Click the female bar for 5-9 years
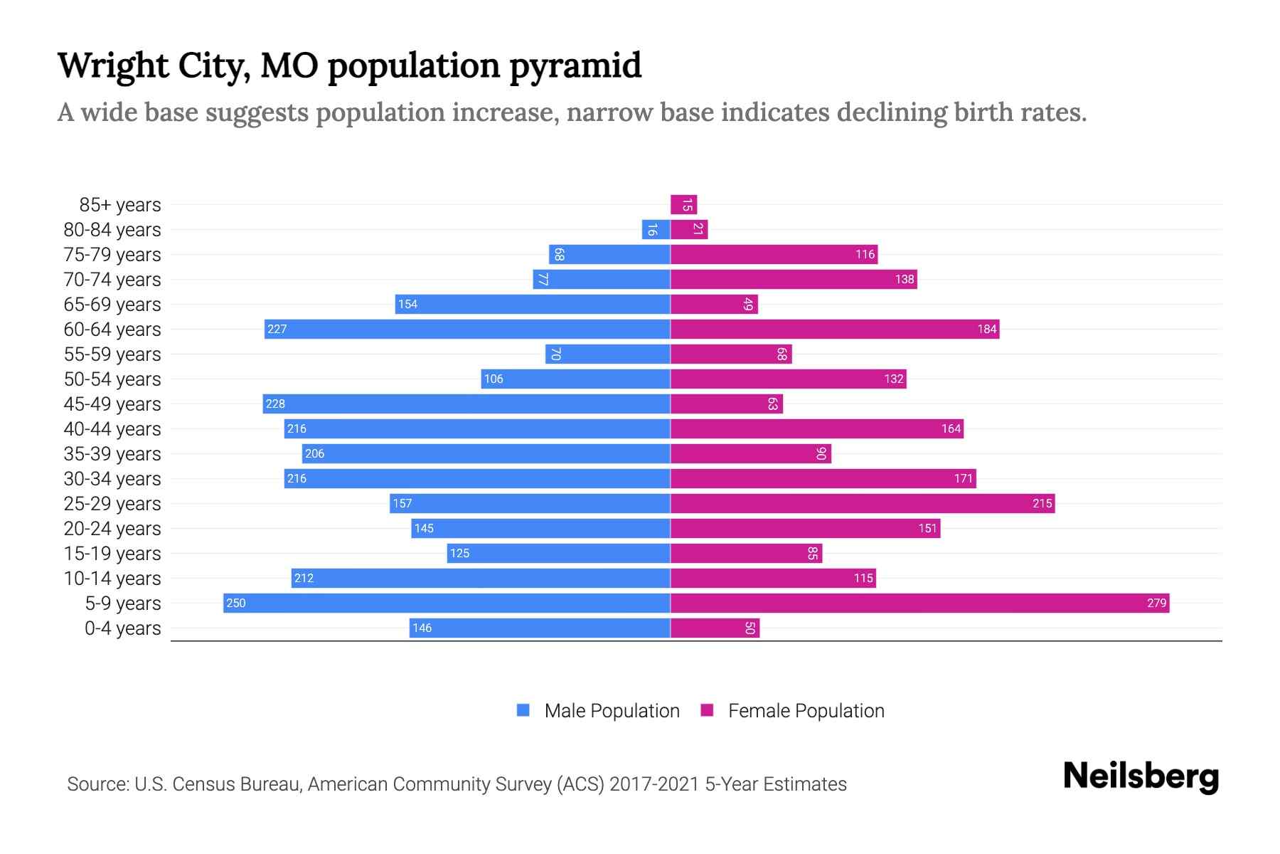pyautogui.click(x=919, y=603)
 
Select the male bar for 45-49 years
pyautogui.click(x=466, y=404)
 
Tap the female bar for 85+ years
pyautogui.click(x=683, y=205)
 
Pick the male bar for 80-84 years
pyautogui.click(x=656, y=230)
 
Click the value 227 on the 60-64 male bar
pyautogui.click(x=277, y=330)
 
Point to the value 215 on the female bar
pyautogui.click(x=1042, y=504)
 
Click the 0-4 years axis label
pyautogui.click(x=122, y=628)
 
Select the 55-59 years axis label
pyautogui.click(x=112, y=354)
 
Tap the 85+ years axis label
pyautogui.click(x=120, y=205)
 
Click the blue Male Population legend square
pyautogui.click(x=523, y=710)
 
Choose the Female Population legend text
pyautogui.click(x=806, y=711)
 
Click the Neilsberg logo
pyautogui.click(x=1141, y=776)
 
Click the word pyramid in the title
pyautogui.click(x=575, y=65)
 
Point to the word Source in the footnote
pyautogui.click(x=97, y=784)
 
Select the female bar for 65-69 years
pyautogui.click(x=714, y=305)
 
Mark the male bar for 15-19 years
pyautogui.click(x=558, y=554)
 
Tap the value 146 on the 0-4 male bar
pyautogui.click(x=422, y=628)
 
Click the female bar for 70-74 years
pyautogui.click(x=794, y=280)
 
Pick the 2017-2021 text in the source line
pyautogui.click(x=654, y=784)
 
